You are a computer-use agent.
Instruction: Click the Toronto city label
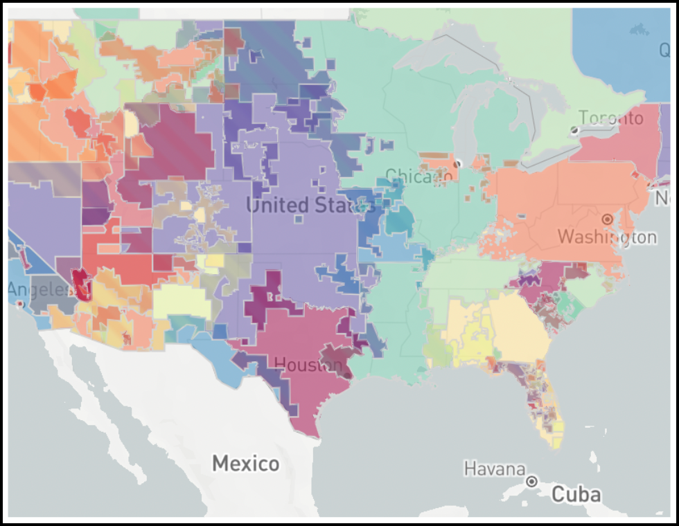[611, 118]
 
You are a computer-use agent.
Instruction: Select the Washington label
[607, 237]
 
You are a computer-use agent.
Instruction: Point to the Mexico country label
[246, 463]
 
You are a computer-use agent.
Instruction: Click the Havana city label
[494, 469]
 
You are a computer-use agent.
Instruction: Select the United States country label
[309, 205]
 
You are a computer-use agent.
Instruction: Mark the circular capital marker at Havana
[532, 481]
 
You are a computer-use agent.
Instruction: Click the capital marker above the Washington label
[608, 219]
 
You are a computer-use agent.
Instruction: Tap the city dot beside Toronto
[574, 130]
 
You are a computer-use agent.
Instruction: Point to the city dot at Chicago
[457, 163]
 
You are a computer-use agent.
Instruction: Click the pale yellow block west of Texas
[182, 303]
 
